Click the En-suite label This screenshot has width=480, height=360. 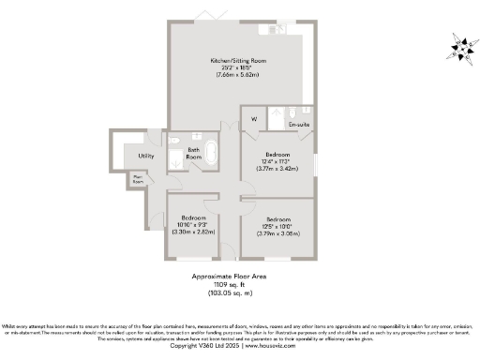point(299,124)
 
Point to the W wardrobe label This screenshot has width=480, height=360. point(253,119)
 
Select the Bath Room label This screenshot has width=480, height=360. point(194,153)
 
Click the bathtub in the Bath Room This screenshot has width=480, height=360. point(213,153)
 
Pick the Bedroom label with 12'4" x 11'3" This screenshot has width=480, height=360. point(277,155)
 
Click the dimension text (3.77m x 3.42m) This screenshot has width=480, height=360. point(277,170)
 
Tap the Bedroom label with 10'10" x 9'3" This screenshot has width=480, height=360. point(194,217)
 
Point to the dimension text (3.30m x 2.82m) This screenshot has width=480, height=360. point(194,232)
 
